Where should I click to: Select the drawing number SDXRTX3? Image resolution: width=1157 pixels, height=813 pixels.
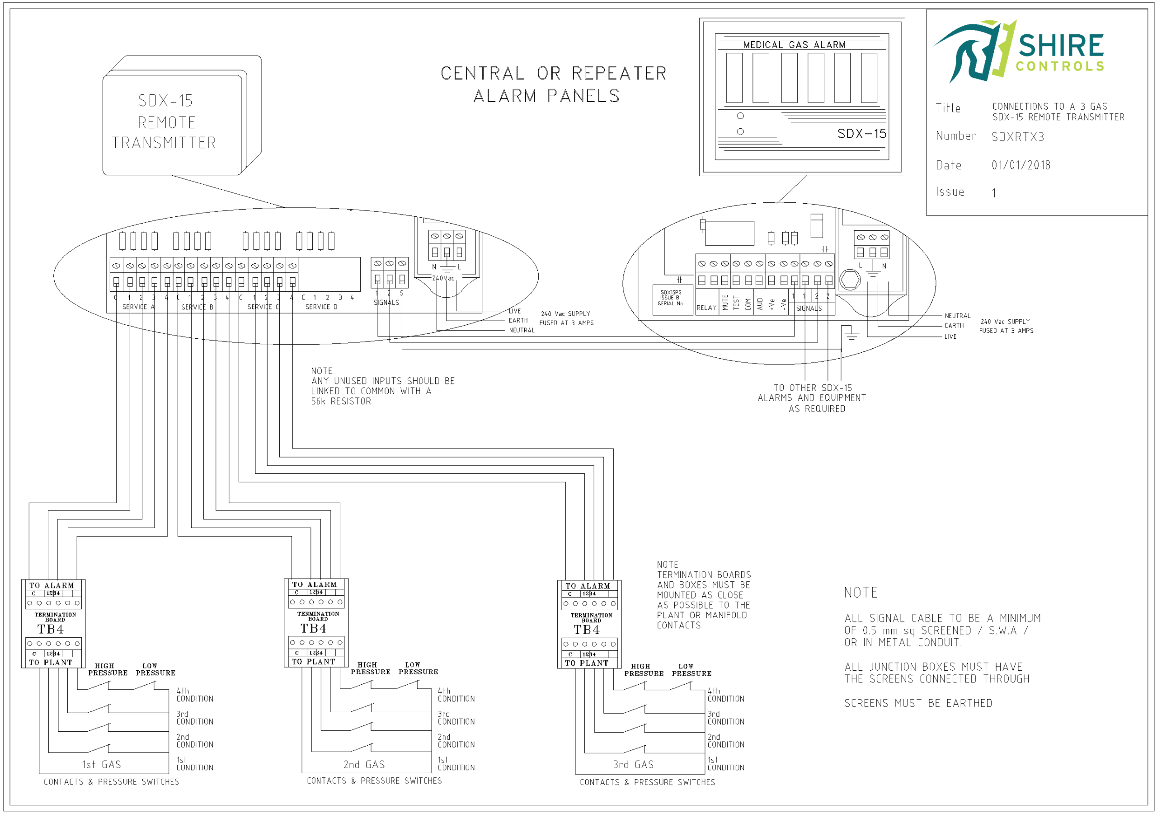[x=1017, y=137]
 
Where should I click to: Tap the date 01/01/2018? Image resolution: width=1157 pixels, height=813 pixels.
[x=1021, y=165]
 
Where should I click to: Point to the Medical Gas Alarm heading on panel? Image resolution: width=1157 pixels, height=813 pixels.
[x=794, y=45]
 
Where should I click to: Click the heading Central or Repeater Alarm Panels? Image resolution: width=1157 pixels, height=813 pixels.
[x=553, y=84]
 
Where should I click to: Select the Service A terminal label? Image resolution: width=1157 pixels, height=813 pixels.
[x=138, y=307]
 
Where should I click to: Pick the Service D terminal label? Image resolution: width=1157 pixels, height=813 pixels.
[x=321, y=307]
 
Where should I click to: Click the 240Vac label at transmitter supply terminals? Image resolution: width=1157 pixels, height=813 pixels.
[x=443, y=278]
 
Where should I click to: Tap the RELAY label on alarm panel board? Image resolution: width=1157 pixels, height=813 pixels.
[x=706, y=308]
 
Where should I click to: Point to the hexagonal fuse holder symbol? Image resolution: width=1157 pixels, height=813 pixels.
[x=850, y=280]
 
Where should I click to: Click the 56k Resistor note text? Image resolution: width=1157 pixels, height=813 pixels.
[x=341, y=402]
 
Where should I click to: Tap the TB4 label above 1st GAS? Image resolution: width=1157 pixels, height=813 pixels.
[x=50, y=630]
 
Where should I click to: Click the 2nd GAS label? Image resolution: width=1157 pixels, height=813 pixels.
[x=364, y=765]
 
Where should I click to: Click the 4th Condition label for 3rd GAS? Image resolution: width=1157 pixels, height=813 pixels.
[x=725, y=695]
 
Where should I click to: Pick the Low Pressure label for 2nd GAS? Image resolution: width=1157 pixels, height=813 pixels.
[x=418, y=668]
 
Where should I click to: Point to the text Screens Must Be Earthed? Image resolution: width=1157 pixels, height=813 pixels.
[x=918, y=703]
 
